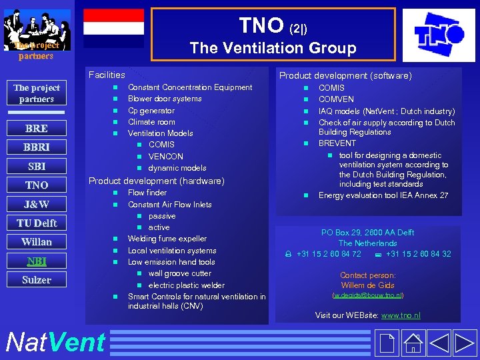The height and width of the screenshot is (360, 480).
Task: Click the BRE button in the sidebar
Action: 36,129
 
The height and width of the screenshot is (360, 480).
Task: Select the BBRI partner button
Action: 36,147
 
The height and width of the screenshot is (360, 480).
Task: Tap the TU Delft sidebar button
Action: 36,223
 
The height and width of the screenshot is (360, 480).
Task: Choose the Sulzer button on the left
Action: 36,280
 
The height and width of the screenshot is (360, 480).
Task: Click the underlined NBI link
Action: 36,261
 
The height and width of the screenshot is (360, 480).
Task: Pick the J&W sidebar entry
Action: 36,204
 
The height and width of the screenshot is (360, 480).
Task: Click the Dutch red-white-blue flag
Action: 113,28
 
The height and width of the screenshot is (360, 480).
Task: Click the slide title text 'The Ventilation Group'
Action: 273,48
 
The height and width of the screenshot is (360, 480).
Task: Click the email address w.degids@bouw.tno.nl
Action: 367,295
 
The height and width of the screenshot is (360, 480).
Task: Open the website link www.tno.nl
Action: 401,315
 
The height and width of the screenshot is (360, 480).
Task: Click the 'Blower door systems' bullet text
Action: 165,99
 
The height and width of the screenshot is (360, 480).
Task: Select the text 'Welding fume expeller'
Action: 167,239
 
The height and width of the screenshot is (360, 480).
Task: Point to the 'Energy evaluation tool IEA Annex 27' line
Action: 383,195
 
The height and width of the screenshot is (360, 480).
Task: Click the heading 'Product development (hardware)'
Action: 157,181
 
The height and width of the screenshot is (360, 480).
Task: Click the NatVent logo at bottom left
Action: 55,343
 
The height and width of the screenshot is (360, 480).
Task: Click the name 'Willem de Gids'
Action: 367,285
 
